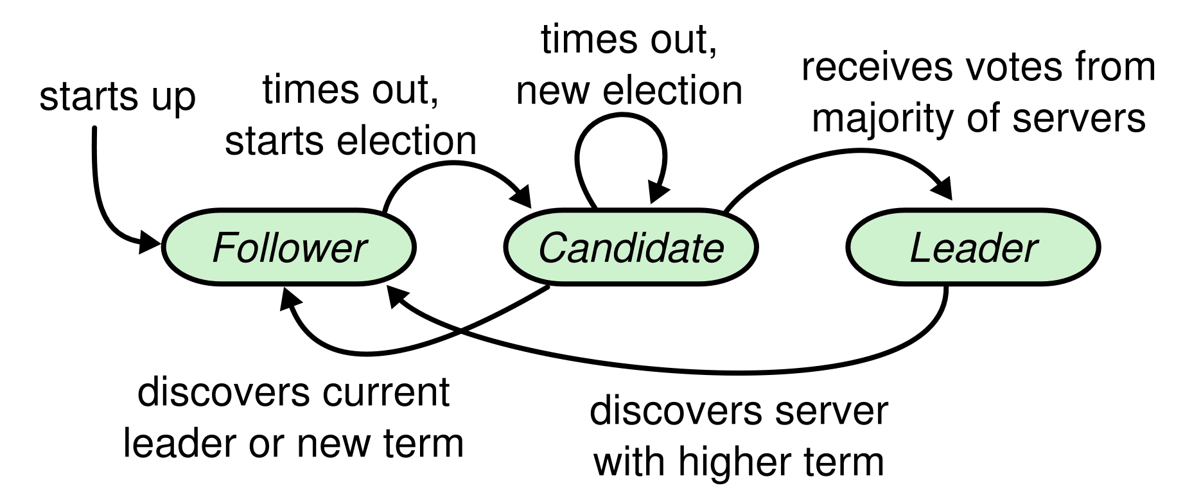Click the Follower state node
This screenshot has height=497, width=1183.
(289, 247)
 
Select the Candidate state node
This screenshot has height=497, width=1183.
(631, 247)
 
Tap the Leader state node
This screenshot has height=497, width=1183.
(973, 247)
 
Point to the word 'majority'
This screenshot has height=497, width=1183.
(885, 119)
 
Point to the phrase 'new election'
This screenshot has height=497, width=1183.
(629, 91)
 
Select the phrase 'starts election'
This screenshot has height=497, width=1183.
(351, 141)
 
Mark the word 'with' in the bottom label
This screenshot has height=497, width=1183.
(632, 462)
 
